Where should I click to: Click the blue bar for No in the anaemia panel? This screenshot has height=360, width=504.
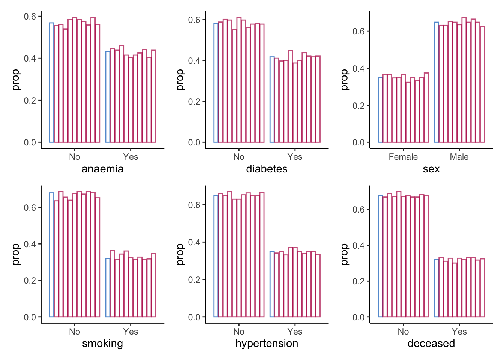point(52,82)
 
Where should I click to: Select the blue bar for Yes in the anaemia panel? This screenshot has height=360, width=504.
point(108,97)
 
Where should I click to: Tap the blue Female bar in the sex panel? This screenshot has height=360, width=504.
point(380,110)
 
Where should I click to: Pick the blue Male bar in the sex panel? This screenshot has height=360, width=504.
point(436,82)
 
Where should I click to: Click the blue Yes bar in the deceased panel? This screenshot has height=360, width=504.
point(436,288)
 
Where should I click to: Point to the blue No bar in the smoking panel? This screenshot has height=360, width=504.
point(52,255)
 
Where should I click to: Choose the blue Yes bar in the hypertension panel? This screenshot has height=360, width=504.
point(272,284)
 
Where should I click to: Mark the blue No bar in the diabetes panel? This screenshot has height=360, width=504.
point(216,83)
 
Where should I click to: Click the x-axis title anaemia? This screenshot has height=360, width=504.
point(103,169)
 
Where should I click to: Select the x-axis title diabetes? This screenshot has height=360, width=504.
point(267,169)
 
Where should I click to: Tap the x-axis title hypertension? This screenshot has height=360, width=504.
point(267,343)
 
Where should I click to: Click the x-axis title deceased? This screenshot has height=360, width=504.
point(431,343)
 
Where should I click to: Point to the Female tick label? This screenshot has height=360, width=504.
point(403,157)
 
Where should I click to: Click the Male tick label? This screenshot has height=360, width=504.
point(459,157)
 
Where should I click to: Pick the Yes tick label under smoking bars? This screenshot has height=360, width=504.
point(130,331)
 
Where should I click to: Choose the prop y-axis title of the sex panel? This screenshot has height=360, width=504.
point(345,79)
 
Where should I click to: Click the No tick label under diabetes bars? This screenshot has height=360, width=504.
point(239,157)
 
